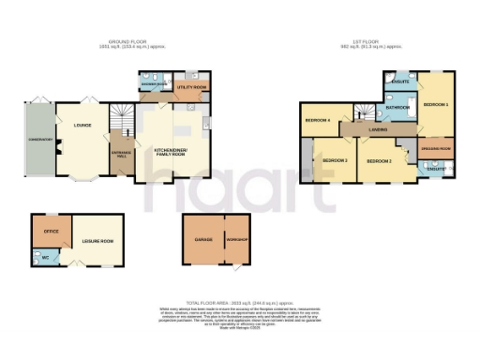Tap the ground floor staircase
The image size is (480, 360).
pos(122,119)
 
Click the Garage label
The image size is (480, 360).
pos(203,240)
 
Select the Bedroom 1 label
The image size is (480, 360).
pos(435,103)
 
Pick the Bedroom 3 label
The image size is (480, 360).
pos(335,160)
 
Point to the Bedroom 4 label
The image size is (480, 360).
pos(316,121)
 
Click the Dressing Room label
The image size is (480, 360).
pos(436,149)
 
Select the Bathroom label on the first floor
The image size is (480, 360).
pos(397,108)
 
